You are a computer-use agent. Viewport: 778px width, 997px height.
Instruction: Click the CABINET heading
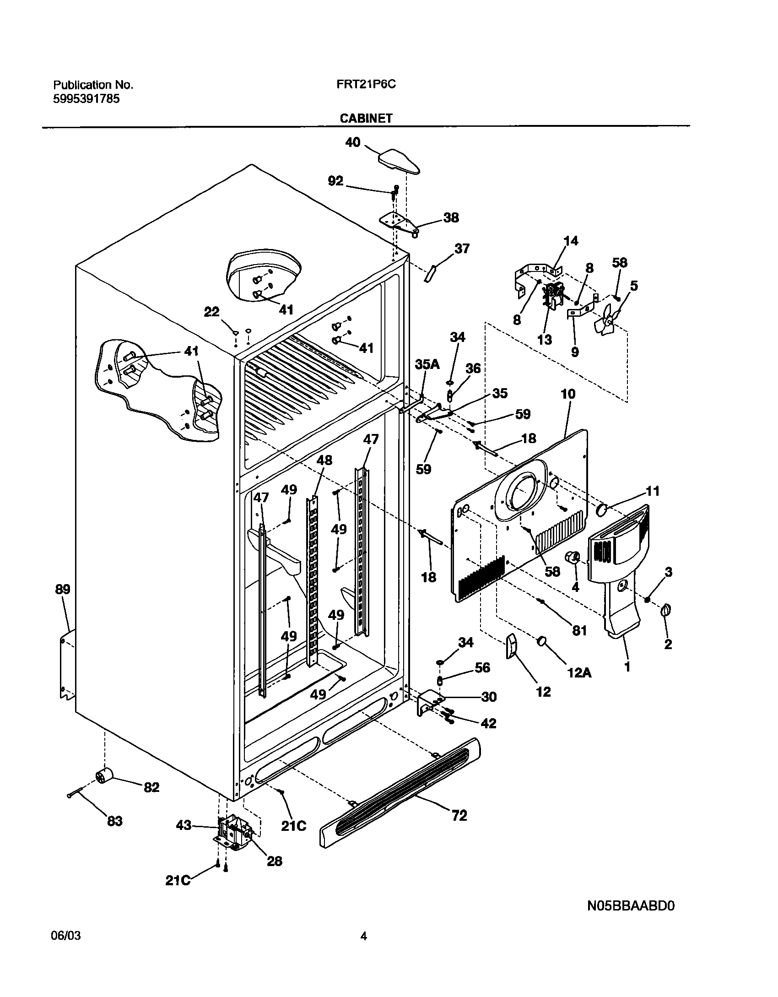(x=366, y=118)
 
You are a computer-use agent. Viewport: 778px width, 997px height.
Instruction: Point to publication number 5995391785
(x=86, y=98)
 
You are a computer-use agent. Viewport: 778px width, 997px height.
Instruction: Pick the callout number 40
(x=352, y=142)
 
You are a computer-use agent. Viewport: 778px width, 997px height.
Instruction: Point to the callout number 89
(x=63, y=589)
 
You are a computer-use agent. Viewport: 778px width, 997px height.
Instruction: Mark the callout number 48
(x=324, y=460)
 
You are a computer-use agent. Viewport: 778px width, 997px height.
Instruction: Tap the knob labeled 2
(x=666, y=610)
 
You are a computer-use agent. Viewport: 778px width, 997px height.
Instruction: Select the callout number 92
(x=335, y=181)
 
